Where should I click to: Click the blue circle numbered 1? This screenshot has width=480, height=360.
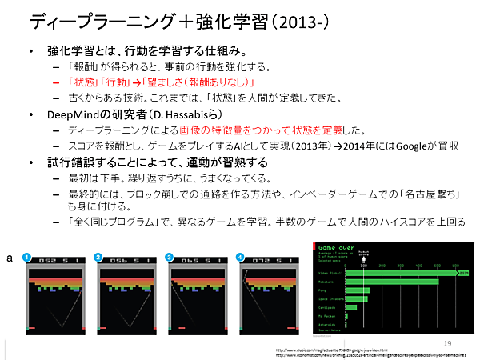26,258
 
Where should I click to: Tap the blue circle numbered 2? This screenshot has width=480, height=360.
98,258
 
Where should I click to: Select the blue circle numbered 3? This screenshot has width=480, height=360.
169,258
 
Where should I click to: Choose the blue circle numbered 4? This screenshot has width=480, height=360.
240,258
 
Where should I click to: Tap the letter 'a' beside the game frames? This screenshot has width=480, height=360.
8,258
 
